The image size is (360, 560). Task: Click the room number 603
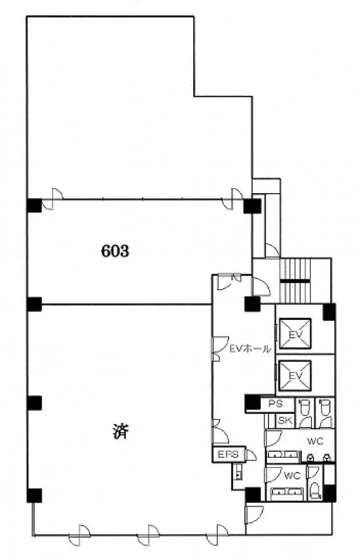[115, 251]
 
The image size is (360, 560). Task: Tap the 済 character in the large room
[121, 431]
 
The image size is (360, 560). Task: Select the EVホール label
[250, 349]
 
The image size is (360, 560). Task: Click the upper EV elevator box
[295, 334]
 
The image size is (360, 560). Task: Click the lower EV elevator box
[295, 376]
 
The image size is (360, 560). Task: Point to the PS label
[275, 404]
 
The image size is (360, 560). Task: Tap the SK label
[285, 421]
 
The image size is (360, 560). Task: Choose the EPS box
[229, 454]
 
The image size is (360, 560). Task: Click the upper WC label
[315, 441]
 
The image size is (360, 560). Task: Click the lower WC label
[293, 476]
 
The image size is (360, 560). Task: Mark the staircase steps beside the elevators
[295, 281]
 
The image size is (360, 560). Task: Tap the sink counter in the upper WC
[283, 455]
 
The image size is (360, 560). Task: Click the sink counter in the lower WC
[287, 494]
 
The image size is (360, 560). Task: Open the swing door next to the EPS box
[251, 455]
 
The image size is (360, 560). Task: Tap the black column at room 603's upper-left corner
[34, 205]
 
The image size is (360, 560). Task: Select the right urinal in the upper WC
[326, 457]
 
